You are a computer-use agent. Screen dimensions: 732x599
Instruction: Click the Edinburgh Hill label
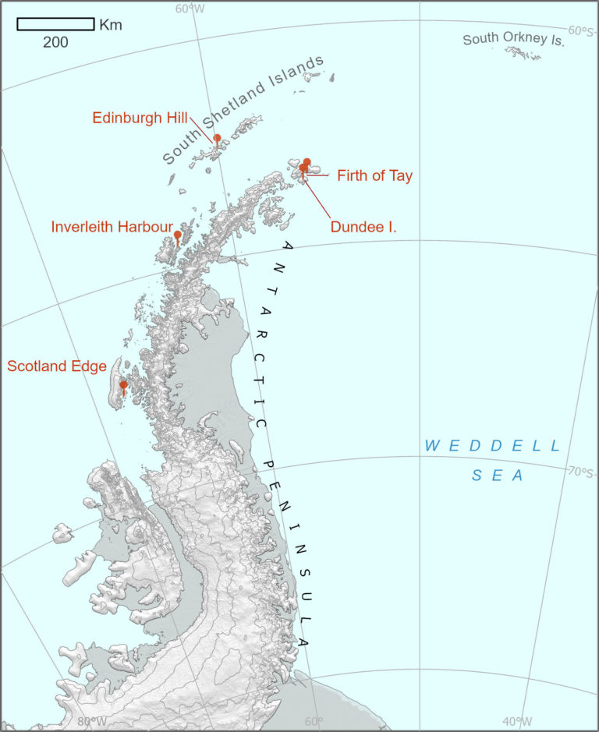(140, 118)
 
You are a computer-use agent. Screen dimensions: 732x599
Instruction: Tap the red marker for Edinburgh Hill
(217, 138)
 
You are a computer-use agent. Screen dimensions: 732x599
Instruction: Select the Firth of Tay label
(374, 176)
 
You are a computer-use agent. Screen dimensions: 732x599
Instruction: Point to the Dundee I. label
(363, 228)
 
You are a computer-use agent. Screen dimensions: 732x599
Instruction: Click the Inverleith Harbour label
(112, 227)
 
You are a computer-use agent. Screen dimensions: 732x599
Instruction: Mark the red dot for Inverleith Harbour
(178, 234)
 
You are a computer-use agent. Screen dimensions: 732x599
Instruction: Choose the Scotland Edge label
(57, 366)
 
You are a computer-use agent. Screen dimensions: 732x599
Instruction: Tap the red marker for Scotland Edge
(123, 384)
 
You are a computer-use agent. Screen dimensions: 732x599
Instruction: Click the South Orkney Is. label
(513, 39)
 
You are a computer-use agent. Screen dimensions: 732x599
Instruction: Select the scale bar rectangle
(55, 24)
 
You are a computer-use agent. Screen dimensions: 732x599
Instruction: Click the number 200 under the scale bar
(55, 42)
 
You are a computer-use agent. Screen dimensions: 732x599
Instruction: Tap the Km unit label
(111, 24)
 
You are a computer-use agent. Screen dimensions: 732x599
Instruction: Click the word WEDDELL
(492, 446)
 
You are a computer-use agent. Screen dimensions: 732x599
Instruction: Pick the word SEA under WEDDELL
(496, 476)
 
